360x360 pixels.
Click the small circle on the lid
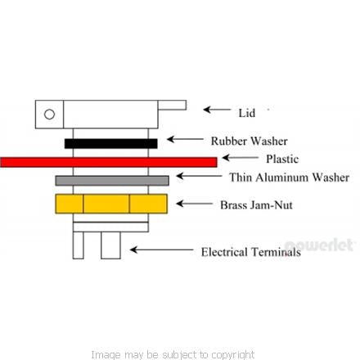pos(49,115)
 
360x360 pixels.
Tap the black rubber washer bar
pos(111,143)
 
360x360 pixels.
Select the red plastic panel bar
pos(109,162)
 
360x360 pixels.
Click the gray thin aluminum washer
pos(112,181)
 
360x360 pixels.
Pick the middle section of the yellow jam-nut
pos(106,204)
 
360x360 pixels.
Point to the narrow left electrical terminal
pos(79,245)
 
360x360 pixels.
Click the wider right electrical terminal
pos(110,245)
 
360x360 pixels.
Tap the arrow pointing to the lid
pos(217,110)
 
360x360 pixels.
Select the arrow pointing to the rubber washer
pos(185,139)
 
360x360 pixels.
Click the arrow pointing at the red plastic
pos(240,158)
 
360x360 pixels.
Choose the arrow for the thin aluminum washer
pos(199,176)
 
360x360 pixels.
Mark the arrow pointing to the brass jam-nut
pos(194,204)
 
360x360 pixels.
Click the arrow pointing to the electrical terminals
pos(162,250)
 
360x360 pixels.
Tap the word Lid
pos(247,113)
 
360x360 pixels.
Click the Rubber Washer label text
pos(250,141)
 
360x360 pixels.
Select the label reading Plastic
pos(282,159)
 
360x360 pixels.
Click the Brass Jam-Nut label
pos(256,205)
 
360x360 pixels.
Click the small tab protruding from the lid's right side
pos(172,106)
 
